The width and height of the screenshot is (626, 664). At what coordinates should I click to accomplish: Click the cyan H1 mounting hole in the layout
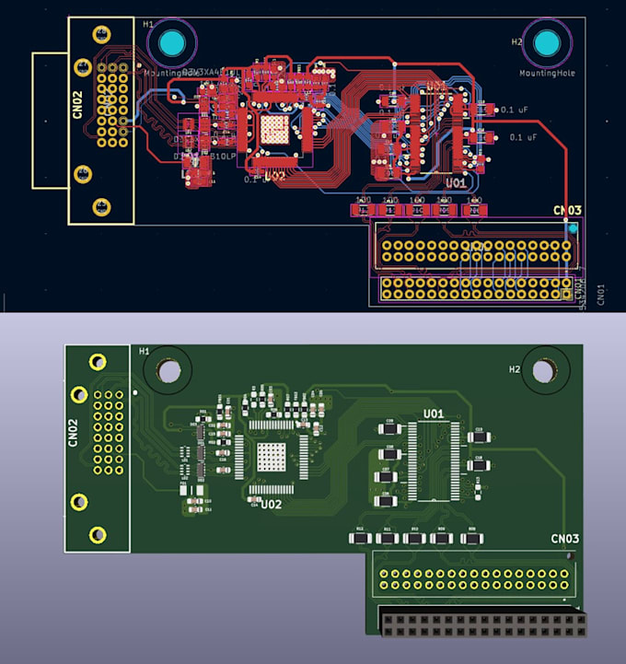(171, 43)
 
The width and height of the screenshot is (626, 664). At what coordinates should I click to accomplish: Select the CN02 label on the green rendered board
(74, 432)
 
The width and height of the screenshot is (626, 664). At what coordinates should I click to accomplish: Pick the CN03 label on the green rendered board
(564, 539)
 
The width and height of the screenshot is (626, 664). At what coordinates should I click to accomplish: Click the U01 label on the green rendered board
(434, 413)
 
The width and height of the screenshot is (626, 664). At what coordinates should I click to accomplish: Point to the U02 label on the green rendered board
(271, 505)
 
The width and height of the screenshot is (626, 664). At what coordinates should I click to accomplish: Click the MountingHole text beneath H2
(547, 72)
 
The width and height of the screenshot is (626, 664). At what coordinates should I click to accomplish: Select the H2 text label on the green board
(516, 369)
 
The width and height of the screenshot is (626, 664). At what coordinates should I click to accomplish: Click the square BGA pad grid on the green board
(273, 457)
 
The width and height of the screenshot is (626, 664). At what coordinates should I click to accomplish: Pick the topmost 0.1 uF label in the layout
(513, 110)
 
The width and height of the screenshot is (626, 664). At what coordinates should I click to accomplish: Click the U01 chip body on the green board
(434, 459)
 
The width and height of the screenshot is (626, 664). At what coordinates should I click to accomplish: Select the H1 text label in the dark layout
(150, 23)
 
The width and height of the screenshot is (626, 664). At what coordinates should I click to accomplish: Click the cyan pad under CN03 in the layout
(574, 227)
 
